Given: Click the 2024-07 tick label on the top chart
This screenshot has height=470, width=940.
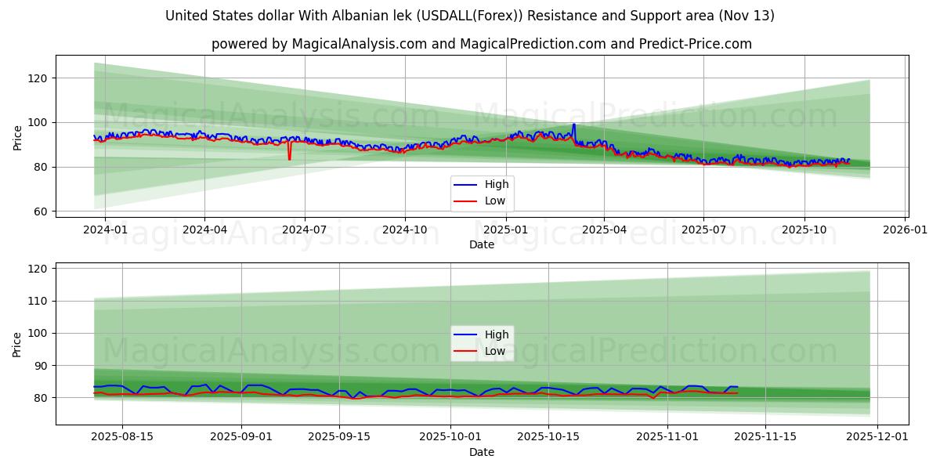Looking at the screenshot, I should pos(304,231).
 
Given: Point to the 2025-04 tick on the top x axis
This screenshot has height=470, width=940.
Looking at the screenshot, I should pos(604,231).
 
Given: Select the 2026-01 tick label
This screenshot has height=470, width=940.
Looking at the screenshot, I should pos(906,231).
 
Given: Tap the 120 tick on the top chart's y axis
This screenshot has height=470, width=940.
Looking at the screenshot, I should pos(38,78).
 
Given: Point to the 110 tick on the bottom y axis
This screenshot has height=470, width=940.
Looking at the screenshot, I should pos(38,301).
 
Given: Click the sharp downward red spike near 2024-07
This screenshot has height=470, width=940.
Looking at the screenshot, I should pos(289,159).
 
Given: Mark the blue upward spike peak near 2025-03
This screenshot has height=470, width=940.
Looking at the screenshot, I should pos(573,125).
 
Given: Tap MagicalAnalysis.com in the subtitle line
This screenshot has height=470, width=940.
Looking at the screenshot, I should pos(354,44).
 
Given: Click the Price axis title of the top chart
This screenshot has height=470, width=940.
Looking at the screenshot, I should pos(18,136).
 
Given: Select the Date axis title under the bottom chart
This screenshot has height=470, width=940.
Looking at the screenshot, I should pos(482,452).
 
